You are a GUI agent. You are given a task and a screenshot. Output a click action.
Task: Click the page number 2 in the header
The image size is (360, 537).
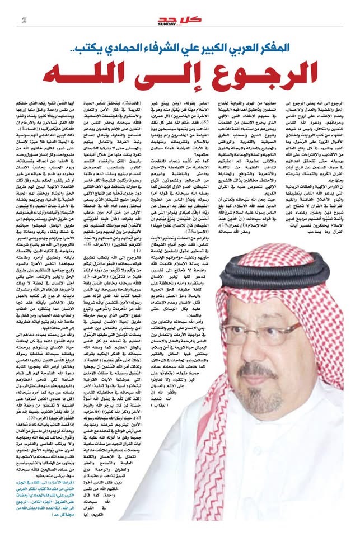(x=24, y=21)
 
